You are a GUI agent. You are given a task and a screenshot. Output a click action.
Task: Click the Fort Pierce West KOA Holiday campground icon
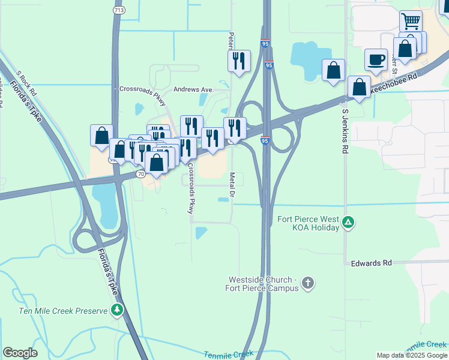pos(348,224)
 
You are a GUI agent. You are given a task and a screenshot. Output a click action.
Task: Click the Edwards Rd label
pos(371,263)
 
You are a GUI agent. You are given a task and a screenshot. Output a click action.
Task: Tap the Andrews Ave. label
pos(193,89)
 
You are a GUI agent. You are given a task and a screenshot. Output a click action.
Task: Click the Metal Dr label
pos(232,187)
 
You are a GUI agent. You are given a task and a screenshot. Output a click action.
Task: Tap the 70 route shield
pos(140,173)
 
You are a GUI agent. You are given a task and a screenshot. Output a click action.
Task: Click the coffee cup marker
pos(376,59)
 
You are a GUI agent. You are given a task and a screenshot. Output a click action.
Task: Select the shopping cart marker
pos(411,22)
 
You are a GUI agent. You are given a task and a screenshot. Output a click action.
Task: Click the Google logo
pos(20,353)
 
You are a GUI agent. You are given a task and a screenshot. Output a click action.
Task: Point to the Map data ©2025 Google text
pos(411,355)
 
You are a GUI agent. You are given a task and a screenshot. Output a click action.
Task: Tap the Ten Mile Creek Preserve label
pos(63,310)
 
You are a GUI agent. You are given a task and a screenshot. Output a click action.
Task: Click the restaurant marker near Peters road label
pos(238,61)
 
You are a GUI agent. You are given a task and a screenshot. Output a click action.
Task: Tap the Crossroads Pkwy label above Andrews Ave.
pos(142,88)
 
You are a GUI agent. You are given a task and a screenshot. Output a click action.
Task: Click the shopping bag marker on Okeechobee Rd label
pos(359,88)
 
